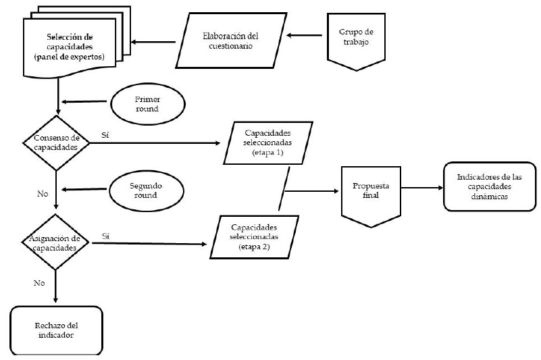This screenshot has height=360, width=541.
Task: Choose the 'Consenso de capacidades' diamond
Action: click(x=57, y=143)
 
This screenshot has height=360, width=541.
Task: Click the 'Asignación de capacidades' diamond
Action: click(x=57, y=241)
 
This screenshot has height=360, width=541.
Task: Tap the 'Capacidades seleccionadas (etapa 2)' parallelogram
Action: click(x=255, y=238)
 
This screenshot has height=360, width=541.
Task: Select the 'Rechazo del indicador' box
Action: click(x=56, y=330)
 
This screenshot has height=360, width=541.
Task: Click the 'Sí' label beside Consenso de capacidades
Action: click(x=105, y=135)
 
